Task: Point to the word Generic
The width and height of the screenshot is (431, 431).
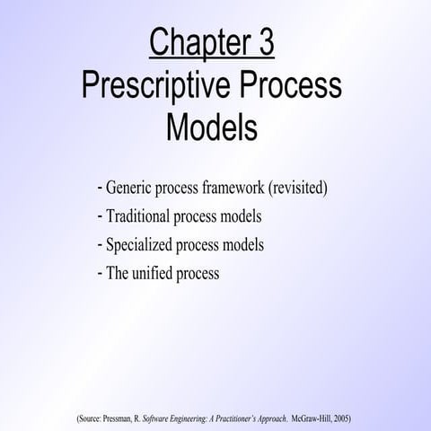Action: click(131, 189)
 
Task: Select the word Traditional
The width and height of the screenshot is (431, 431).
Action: click(141, 217)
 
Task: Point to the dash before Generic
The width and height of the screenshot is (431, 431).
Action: click(98, 189)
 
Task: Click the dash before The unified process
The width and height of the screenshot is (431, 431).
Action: click(98, 272)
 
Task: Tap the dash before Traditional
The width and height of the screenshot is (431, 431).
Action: click(98, 217)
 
